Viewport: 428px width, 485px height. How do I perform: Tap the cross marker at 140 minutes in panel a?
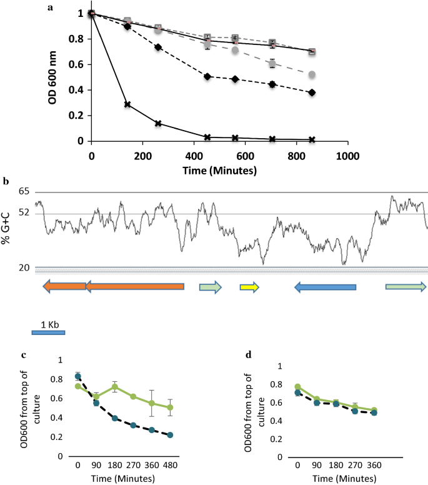[x=127, y=104]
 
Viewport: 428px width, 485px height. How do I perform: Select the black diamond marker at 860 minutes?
[x=311, y=92]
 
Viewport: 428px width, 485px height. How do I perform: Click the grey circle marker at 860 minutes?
[x=311, y=74]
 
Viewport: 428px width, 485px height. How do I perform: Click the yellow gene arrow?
[x=249, y=287]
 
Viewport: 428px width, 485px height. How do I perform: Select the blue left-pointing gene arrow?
[x=325, y=287]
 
